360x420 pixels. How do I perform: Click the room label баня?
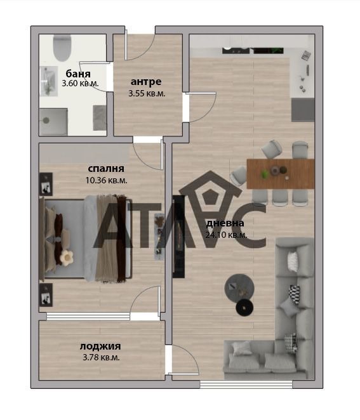coord(78,74)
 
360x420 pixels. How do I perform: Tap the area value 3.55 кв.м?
coord(147,93)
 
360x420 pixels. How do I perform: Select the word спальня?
coord(106,169)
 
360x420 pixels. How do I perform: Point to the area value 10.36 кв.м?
coord(107,180)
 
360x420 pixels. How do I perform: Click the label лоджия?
coord(100,346)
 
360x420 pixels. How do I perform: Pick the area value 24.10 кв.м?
coord(226,235)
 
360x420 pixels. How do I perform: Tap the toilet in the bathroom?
coord(62,47)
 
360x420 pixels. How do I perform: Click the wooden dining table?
coord(281,174)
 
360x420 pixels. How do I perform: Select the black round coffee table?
coord(244,308)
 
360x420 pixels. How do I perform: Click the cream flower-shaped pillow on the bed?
coord(67,258)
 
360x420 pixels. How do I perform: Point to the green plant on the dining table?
coord(265,174)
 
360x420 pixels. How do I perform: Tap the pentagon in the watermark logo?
coord(210,197)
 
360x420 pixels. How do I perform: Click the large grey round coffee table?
coord(239,287)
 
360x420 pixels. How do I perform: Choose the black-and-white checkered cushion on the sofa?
coord(295,294)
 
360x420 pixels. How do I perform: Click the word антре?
coord(146,82)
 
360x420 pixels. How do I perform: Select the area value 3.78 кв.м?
coord(101,357)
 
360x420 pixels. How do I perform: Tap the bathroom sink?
coord(49,81)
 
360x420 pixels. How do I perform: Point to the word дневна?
coord(225,223)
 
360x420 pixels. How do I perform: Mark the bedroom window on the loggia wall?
coord(88,317)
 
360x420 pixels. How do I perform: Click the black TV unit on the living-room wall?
coord(178,237)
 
